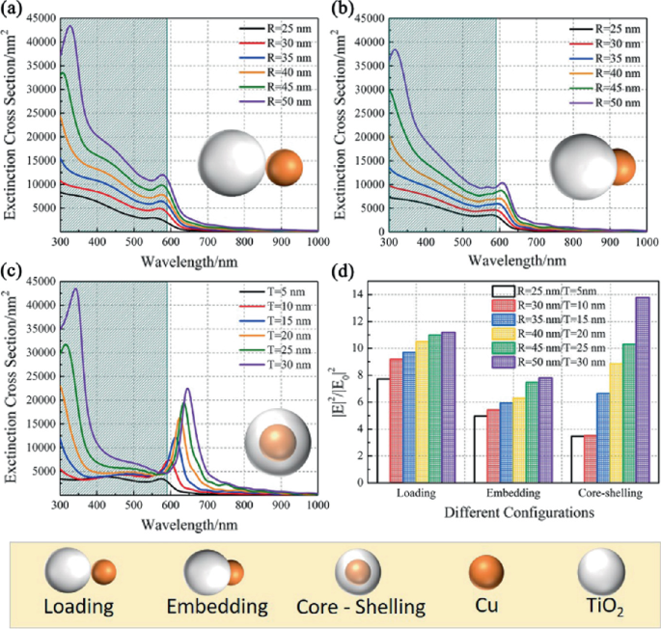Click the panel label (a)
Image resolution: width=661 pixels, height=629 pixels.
(x=10, y=9)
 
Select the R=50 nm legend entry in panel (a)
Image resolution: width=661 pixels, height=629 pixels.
(x=276, y=101)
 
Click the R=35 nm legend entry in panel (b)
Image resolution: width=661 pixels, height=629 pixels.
(x=605, y=59)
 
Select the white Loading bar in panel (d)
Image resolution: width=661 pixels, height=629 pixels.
(x=383, y=430)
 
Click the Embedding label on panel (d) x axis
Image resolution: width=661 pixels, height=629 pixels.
(x=513, y=493)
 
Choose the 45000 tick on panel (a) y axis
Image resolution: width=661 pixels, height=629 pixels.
(x=41, y=18)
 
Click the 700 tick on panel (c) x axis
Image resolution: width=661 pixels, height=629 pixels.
(x=207, y=505)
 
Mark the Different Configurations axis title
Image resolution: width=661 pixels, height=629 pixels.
(x=519, y=512)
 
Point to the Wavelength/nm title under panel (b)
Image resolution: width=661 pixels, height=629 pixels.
(x=517, y=260)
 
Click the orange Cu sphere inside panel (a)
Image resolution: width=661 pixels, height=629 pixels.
(x=285, y=167)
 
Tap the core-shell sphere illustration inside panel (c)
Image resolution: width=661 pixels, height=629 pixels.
(x=278, y=442)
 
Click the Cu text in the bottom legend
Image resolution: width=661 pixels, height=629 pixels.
(x=486, y=606)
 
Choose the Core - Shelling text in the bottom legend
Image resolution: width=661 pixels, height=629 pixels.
(x=361, y=607)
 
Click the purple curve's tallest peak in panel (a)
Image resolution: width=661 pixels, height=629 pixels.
(x=70, y=26)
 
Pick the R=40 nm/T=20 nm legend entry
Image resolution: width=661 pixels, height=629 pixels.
(x=548, y=334)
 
